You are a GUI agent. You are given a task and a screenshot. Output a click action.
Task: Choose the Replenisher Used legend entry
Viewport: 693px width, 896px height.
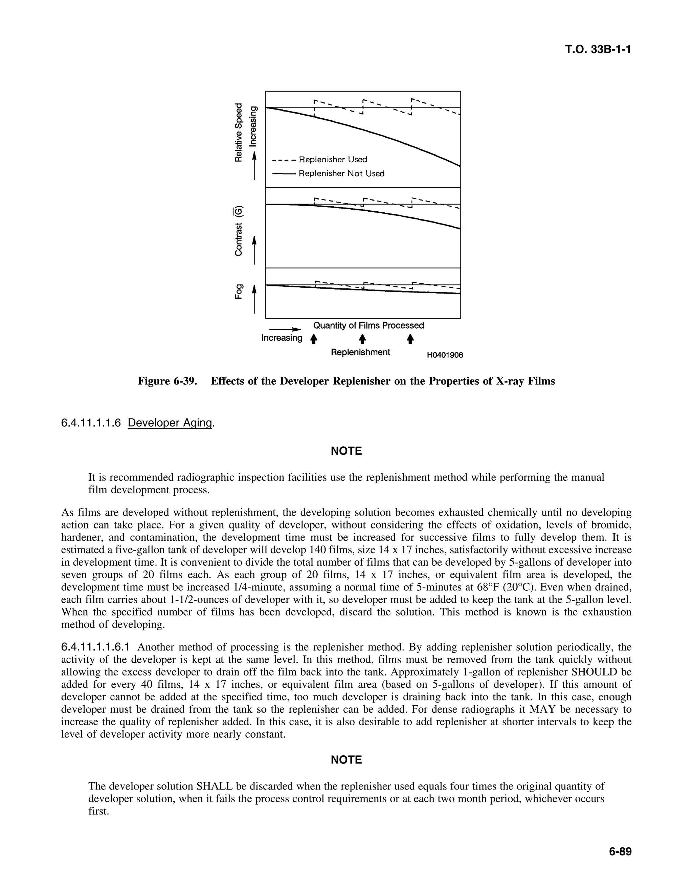[x=333, y=159]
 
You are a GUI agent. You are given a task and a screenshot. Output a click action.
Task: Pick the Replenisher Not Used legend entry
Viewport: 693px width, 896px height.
[x=341, y=173]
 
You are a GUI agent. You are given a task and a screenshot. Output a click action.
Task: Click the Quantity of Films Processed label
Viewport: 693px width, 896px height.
[x=368, y=325]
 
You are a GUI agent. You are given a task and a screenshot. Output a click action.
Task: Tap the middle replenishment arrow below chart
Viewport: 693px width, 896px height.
[x=362, y=339]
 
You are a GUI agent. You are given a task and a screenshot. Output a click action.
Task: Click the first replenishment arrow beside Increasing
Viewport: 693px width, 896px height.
[x=314, y=339]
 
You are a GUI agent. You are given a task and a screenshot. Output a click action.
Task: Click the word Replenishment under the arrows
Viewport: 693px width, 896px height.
[x=360, y=352]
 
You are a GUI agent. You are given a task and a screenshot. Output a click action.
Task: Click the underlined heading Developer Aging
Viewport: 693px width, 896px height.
[x=171, y=423]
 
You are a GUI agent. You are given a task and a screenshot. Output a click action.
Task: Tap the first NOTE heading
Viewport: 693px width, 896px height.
[x=346, y=451]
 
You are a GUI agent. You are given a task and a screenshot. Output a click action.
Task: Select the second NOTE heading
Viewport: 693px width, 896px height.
[x=346, y=760]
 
